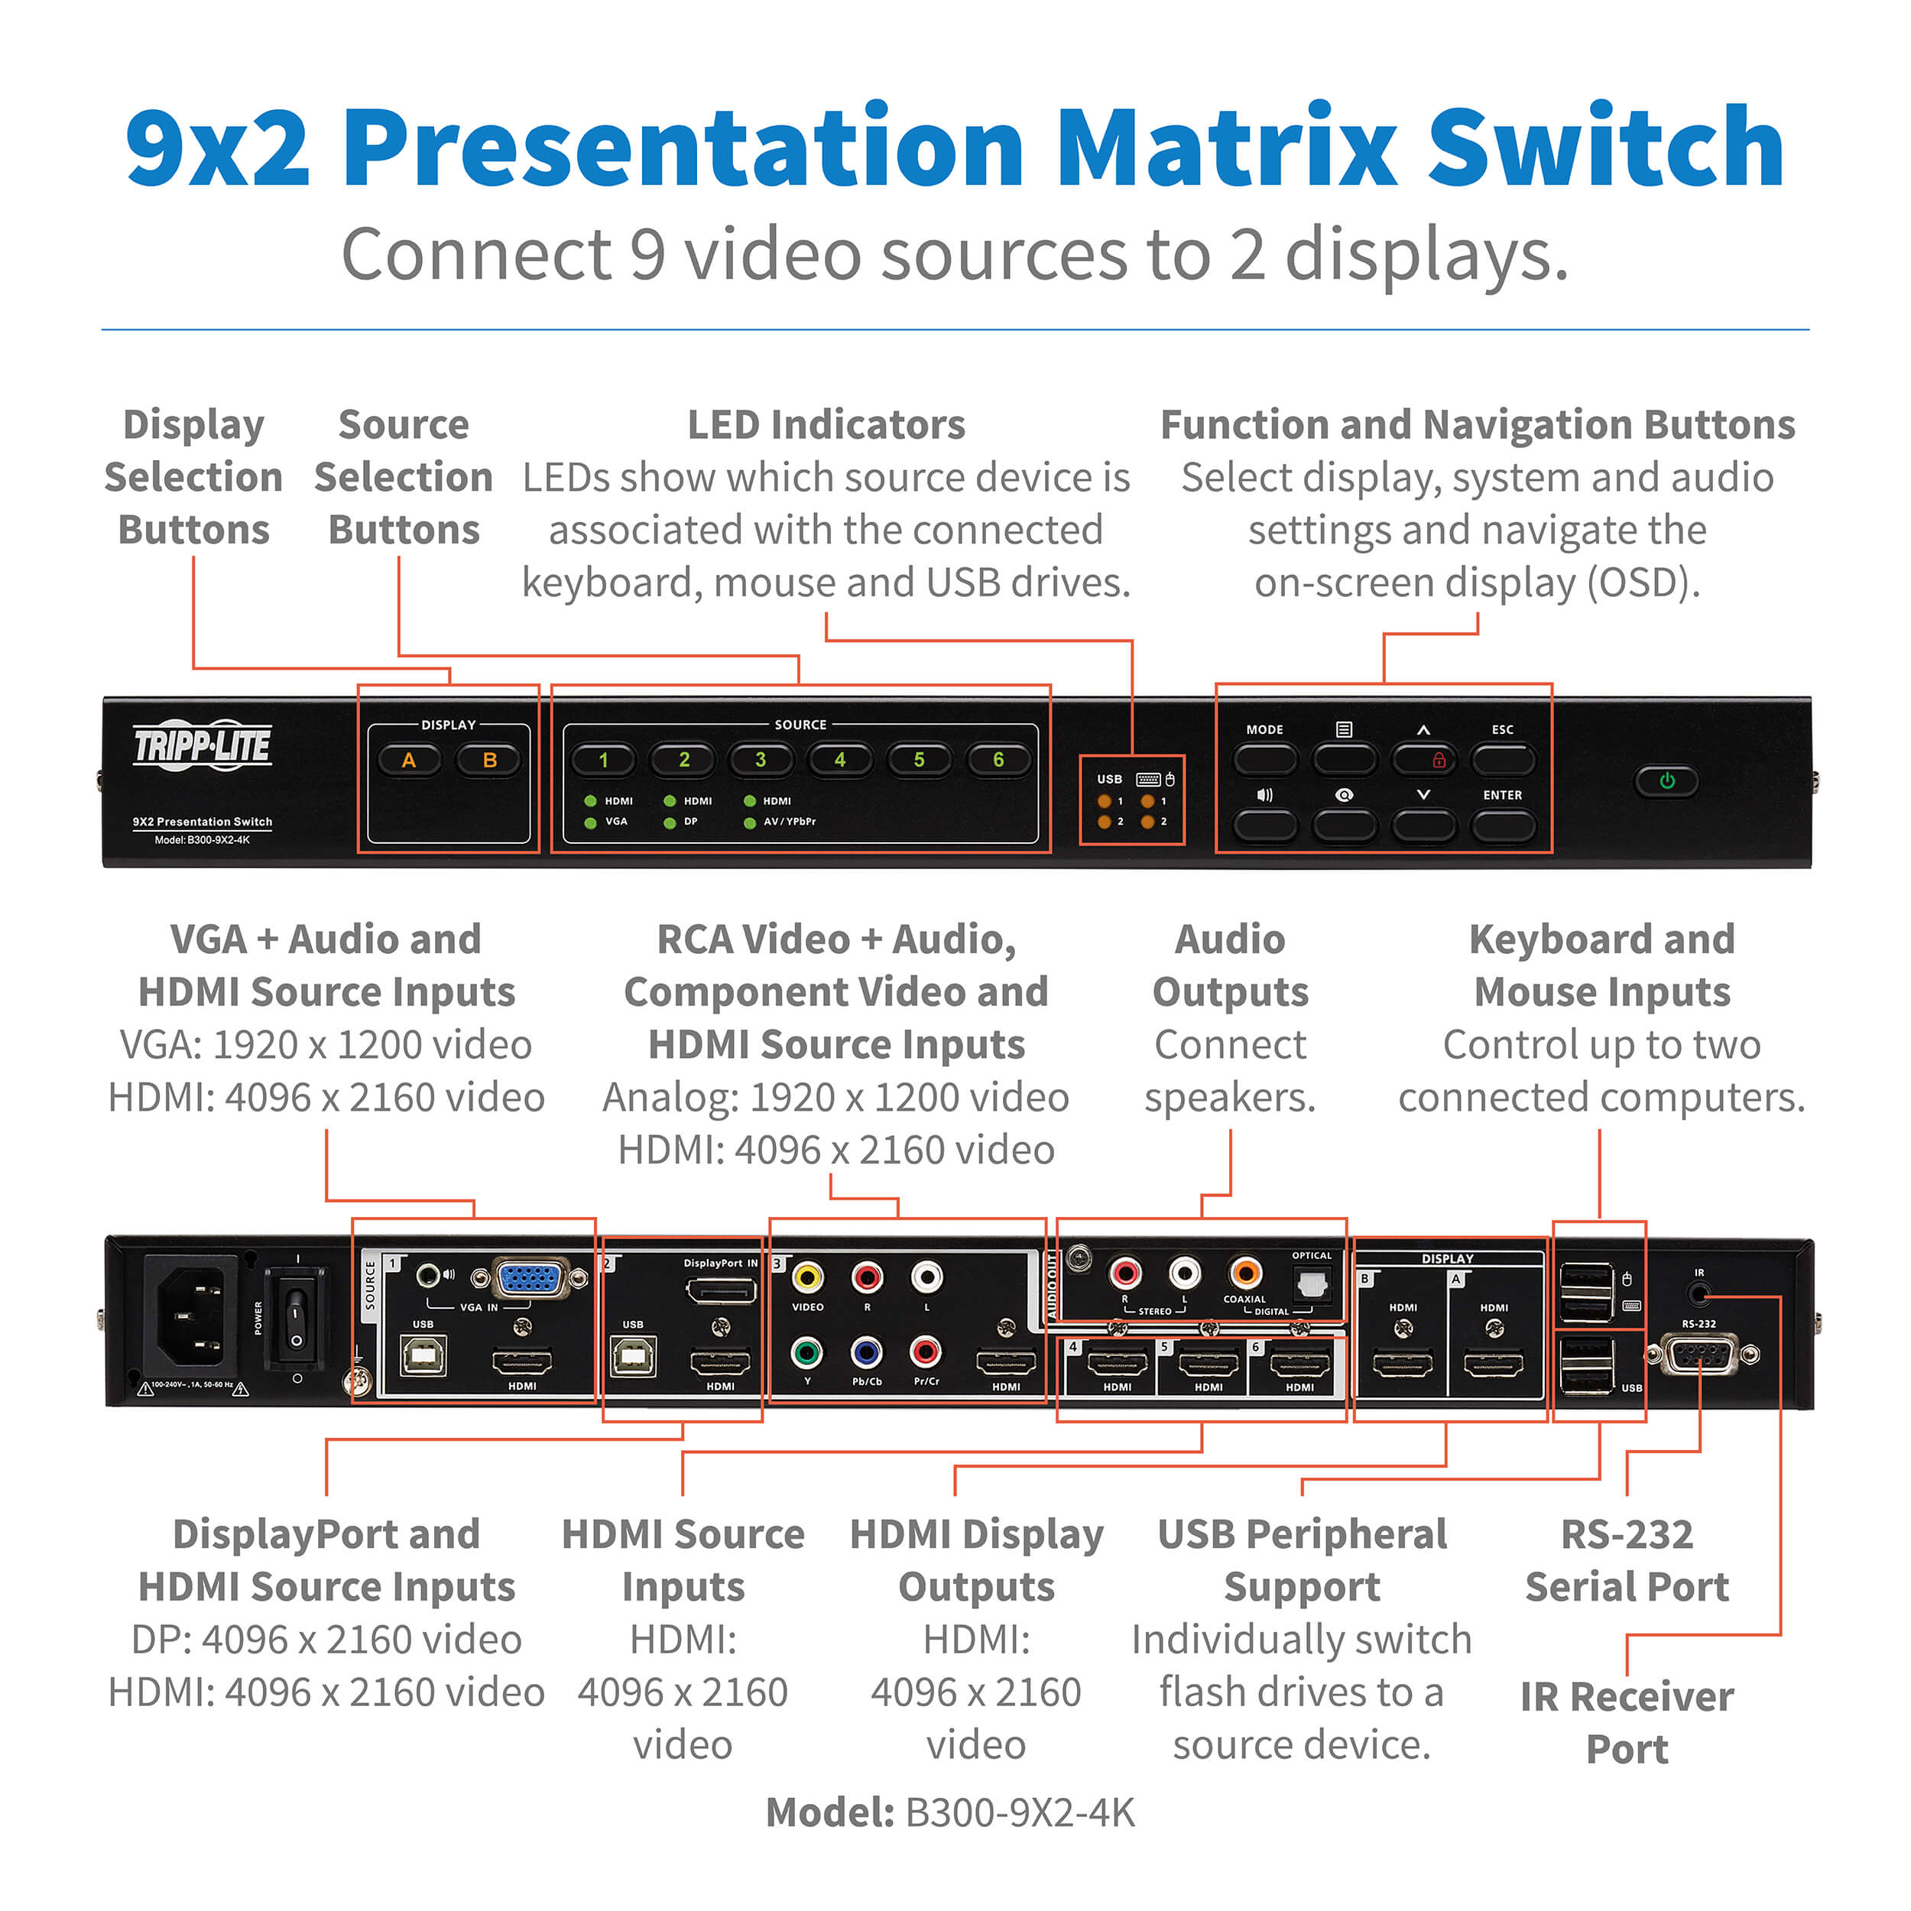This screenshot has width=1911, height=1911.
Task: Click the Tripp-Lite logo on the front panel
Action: [x=202, y=744]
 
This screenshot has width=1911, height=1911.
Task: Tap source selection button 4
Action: [x=840, y=760]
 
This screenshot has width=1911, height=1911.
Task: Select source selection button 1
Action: [x=603, y=760]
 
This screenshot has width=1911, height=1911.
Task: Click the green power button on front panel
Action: [x=1666, y=780]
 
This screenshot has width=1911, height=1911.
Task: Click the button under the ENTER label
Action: [x=1503, y=825]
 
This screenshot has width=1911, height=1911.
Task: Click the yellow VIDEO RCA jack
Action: [x=807, y=1278]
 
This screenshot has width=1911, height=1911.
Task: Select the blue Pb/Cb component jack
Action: [x=867, y=1351]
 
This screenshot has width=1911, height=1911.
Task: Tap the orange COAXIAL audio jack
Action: [x=1245, y=1272]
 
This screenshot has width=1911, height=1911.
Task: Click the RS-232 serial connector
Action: [x=1699, y=1353]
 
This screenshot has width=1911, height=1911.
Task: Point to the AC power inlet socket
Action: [x=191, y=1316]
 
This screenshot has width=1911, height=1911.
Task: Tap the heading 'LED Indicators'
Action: [x=826, y=424]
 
